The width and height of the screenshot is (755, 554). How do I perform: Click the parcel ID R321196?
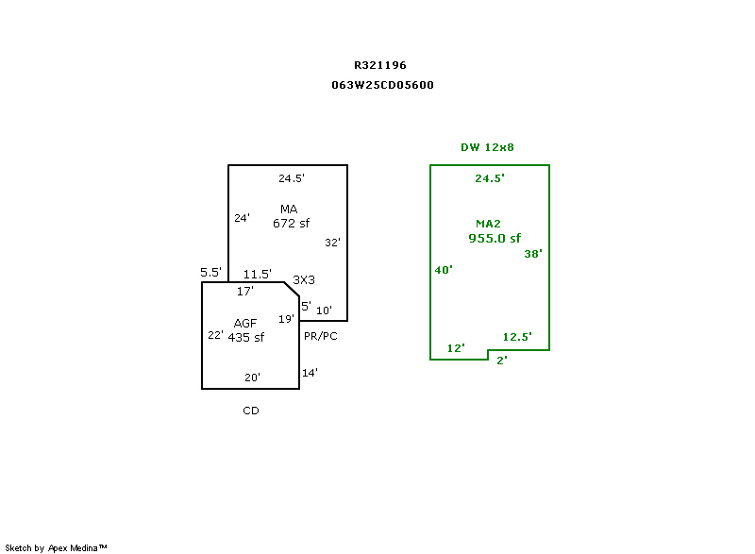pos(380,65)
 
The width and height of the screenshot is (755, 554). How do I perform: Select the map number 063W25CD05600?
pos(382,85)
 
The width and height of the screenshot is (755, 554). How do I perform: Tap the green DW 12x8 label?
pos(487,147)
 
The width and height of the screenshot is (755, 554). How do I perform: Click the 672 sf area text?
pos(291,224)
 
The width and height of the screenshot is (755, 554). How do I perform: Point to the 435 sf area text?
pos(245,338)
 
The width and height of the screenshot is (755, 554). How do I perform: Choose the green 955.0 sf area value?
pos(495,239)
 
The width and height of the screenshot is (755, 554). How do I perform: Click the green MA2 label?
pos(488,224)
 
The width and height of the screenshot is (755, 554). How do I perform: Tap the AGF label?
pos(245,324)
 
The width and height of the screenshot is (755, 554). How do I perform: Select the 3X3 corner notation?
pos(304,280)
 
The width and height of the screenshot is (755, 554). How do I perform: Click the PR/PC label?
pos(321,335)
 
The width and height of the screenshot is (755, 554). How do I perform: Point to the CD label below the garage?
pos(251,411)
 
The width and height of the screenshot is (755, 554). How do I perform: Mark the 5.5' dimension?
pos(210,273)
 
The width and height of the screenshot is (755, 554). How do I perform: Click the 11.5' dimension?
pos(258,275)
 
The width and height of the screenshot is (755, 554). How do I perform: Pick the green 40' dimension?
pos(443,270)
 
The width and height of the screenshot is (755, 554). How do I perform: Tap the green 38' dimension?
pos(533,254)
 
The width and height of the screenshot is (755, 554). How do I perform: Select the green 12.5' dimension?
pos(517,337)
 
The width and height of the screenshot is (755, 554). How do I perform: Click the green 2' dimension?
pos(501,360)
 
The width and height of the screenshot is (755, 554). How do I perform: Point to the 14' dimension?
pos(310,373)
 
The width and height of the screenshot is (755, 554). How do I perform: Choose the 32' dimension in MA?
pos(332,243)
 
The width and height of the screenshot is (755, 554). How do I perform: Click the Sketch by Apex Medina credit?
pos(56,547)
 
